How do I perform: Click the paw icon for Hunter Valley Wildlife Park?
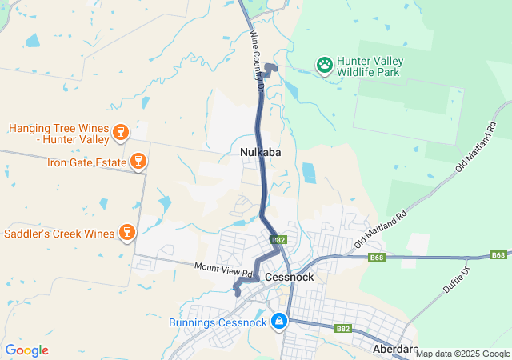[325, 65]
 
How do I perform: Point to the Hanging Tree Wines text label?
[59, 134]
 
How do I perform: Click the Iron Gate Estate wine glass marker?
[138, 162]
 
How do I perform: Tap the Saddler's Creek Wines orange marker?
[126, 233]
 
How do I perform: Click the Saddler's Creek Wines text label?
[59, 234]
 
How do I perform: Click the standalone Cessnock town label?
[289, 277]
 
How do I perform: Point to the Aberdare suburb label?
[395, 350]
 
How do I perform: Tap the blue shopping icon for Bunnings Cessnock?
[278, 322]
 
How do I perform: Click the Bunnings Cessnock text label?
[218, 323]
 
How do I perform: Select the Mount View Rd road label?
[224, 270]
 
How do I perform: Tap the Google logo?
[26, 350]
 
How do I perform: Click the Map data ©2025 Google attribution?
[462, 354]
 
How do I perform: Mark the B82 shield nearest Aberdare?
[343, 328]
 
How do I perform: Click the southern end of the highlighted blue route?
[238, 293]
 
